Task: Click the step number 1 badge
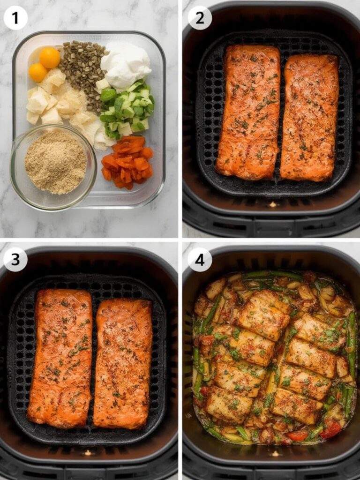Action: coord(15,18)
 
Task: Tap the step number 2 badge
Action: coord(200,18)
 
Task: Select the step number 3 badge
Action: coord(15,259)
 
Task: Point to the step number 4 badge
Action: coord(200,259)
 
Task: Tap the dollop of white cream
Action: coord(126,65)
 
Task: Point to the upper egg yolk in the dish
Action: coord(50,58)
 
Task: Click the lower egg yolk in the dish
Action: coord(37,73)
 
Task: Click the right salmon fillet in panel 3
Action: coord(123,363)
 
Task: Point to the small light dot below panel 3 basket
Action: coord(87,453)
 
